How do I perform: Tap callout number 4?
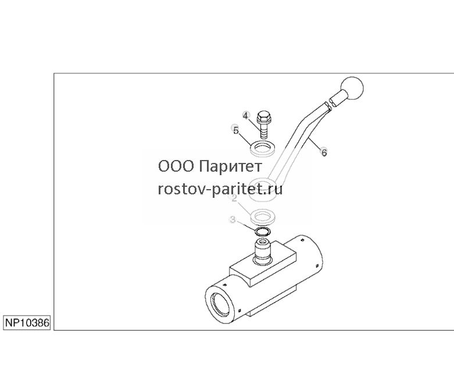tap(245, 115)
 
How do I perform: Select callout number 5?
tap(235, 130)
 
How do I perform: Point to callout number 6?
tap(324, 152)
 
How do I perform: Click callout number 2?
tap(234, 198)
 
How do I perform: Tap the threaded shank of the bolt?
tap(264, 130)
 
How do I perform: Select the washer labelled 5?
tap(262, 148)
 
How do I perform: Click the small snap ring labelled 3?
tap(262, 231)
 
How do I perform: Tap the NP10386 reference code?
tap(27, 322)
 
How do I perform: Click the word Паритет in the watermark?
tap(231, 166)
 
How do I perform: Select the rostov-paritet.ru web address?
tap(220, 190)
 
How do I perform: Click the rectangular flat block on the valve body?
tap(263, 266)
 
